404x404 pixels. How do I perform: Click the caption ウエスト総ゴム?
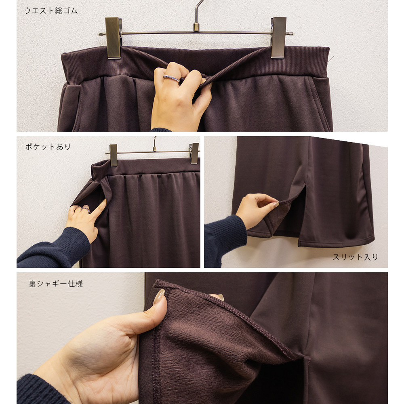tap(51, 11)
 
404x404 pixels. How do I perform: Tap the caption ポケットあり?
tap(48, 147)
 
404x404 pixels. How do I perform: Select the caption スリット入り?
tap(355, 257)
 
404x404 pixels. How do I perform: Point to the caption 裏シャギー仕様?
tap(56, 284)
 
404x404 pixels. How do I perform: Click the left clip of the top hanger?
tap(113, 38)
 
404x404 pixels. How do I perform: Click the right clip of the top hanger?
tap(279, 38)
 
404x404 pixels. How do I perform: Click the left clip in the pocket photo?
tap(114, 155)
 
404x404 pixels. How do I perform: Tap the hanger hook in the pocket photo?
tap(155, 144)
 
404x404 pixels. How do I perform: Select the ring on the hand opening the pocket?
tap(85, 209)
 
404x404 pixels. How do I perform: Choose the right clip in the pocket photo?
tap(195, 153)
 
